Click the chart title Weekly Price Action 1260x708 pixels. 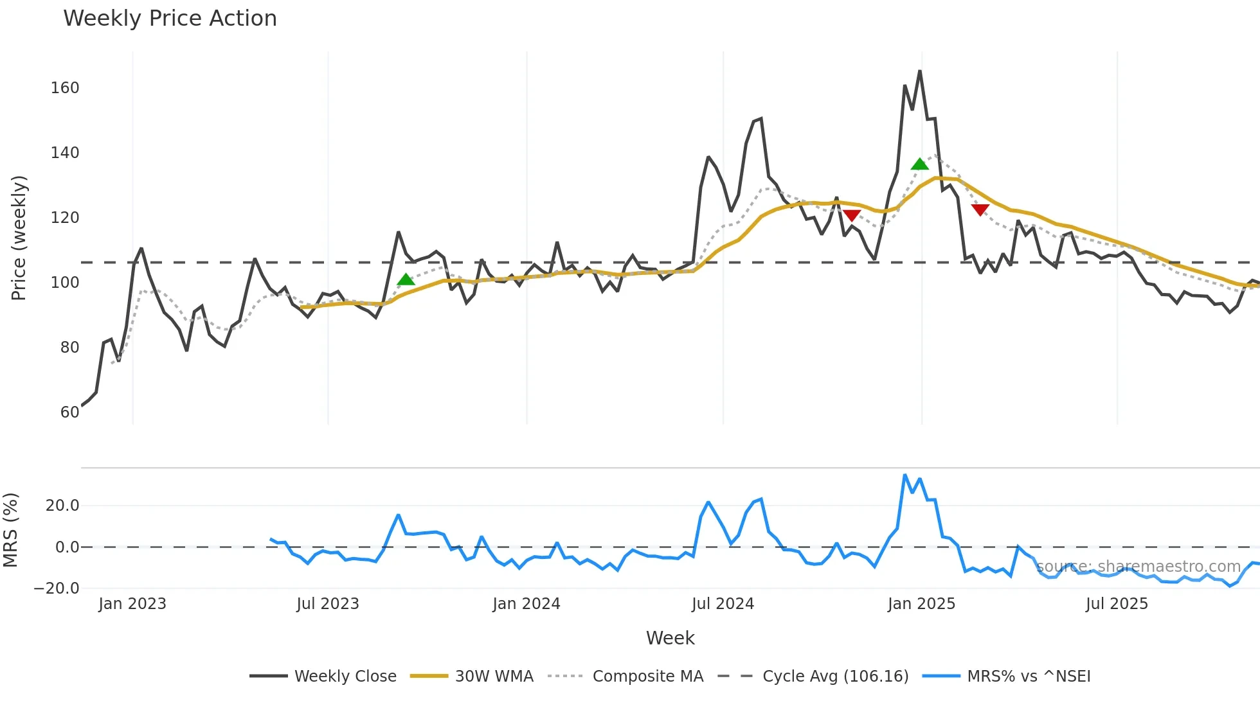pyautogui.click(x=170, y=19)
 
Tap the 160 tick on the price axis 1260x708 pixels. pyautogui.click(x=65, y=88)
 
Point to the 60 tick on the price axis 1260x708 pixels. pyautogui.click(x=69, y=412)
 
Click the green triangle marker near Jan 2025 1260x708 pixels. pyautogui.click(x=920, y=164)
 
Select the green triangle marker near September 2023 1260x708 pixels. pyautogui.click(x=406, y=279)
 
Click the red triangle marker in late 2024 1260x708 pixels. pyautogui.click(x=852, y=215)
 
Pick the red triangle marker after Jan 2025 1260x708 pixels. pyautogui.click(x=980, y=209)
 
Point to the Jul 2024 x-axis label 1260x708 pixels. pyautogui.click(x=723, y=604)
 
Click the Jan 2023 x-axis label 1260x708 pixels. pyautogui.click(x=132, y=604)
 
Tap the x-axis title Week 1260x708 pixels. pyautogui.click(x=670, y=638)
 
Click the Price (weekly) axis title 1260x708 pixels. pyautogui.click(x=19, y=238)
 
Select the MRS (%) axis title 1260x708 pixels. pyautogui.click(x=10, y=530)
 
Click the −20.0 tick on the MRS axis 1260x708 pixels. pyautogui.click(x=57, y=589)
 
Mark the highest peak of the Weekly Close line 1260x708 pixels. pyautogui.click(x=920, y=71)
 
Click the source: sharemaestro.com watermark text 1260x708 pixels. pyautogui.click(x=1138, y=567)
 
